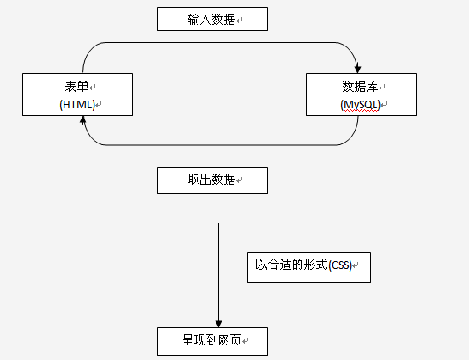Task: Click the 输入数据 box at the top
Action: point(212,19)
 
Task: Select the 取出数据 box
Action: point(212,180)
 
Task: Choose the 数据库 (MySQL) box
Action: point(362,95)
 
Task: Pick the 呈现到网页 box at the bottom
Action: point(212,340)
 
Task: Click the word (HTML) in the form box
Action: point(76,104)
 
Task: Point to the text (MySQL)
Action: point(360,105)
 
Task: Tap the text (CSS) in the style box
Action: point(342,265)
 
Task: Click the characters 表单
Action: point(76,86)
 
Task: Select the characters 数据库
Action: point(360,86)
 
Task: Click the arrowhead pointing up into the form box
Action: point(83,121)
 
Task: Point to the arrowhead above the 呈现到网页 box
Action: point(218,322)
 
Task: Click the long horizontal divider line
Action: point(103,223)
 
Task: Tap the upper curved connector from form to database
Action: point(220,41)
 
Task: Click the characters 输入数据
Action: point(208,19)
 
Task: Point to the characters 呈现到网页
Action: point(208,340)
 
